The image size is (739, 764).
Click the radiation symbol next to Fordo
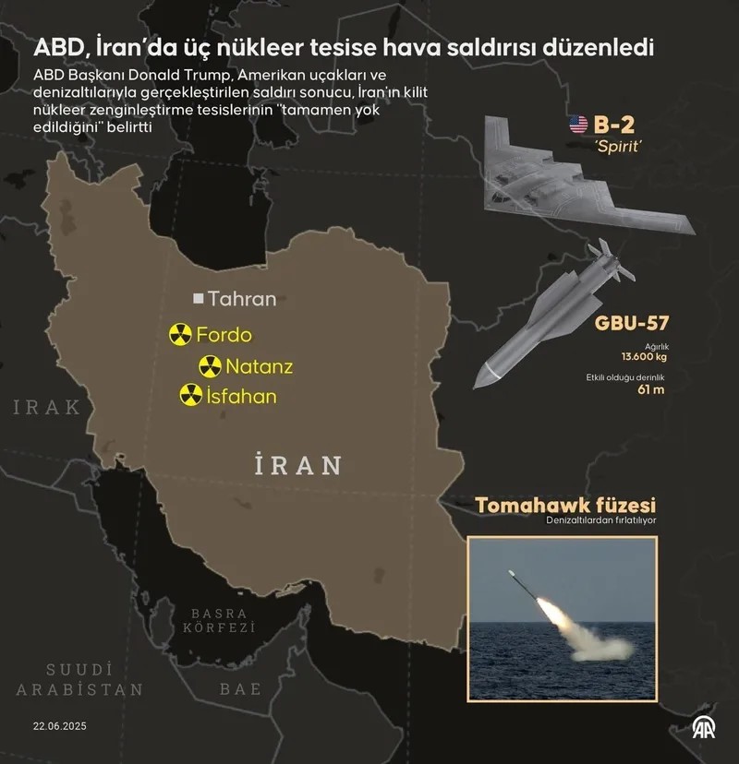[x=180, y=335]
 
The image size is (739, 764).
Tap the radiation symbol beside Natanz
[x=211, y=366]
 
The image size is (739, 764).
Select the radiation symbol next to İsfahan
[x=190, y=397]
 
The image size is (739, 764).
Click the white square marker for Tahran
[x=198, y=299]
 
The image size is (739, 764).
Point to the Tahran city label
[x=242, y=299]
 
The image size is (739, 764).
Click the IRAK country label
[x=47, y=407]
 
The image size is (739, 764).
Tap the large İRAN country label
[x=297, y=464]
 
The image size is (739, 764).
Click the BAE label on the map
[x=240, y=688]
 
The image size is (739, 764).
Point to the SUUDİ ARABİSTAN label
[x=80, y=679]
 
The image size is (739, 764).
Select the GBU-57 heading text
[x=632, y=323]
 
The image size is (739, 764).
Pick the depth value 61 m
[x=652, y=388]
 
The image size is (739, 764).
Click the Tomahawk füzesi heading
[x=565, y=506]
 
